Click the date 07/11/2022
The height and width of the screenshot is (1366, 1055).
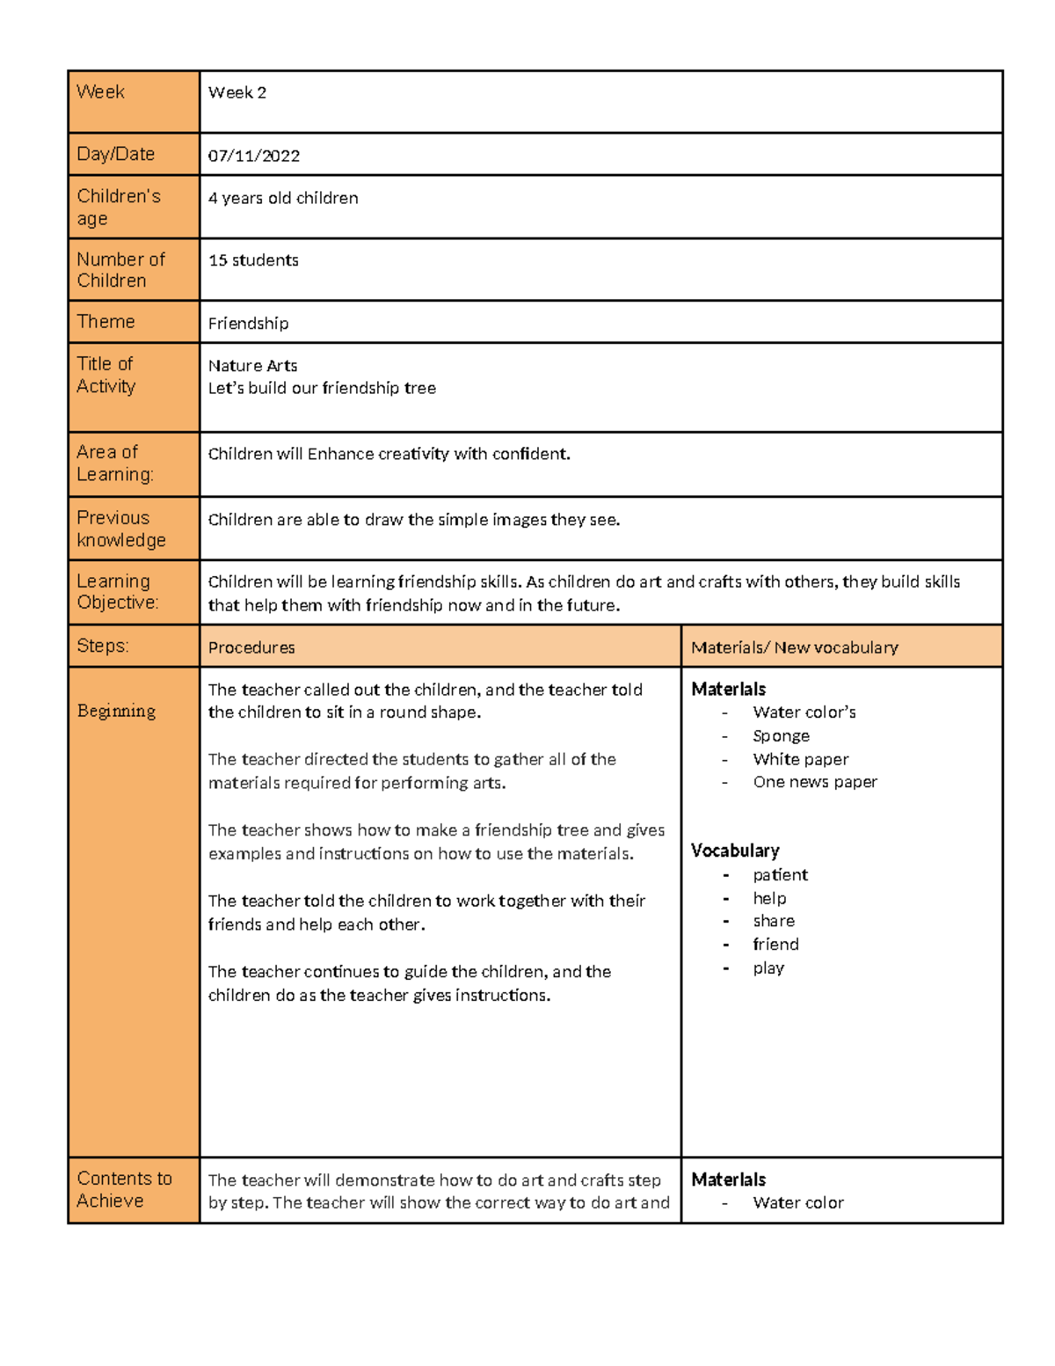253,156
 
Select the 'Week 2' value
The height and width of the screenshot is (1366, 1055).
236,92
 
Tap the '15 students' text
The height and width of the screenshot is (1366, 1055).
253,260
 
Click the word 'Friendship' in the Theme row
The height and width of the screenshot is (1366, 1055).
248,323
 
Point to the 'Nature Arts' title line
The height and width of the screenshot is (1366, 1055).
252,365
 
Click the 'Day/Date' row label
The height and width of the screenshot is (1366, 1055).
115,154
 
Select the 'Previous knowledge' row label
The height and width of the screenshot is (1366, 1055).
120,529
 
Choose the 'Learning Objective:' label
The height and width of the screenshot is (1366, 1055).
117,591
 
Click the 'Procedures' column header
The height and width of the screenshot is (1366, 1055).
251,647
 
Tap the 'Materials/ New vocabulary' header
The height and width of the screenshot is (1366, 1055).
794,647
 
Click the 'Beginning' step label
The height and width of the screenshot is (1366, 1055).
116,711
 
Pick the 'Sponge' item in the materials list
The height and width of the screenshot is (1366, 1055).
781,735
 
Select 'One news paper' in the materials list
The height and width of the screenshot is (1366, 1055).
814,782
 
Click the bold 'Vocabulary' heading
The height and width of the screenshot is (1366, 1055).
735,851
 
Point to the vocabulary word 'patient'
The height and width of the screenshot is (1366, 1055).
780,874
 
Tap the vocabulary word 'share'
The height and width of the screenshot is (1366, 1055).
774,921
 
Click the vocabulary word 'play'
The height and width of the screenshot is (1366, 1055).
768,968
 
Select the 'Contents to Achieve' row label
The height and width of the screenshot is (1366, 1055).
123,1189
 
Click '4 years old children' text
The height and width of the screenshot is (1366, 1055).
283,198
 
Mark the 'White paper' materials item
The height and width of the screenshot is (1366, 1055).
800,759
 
